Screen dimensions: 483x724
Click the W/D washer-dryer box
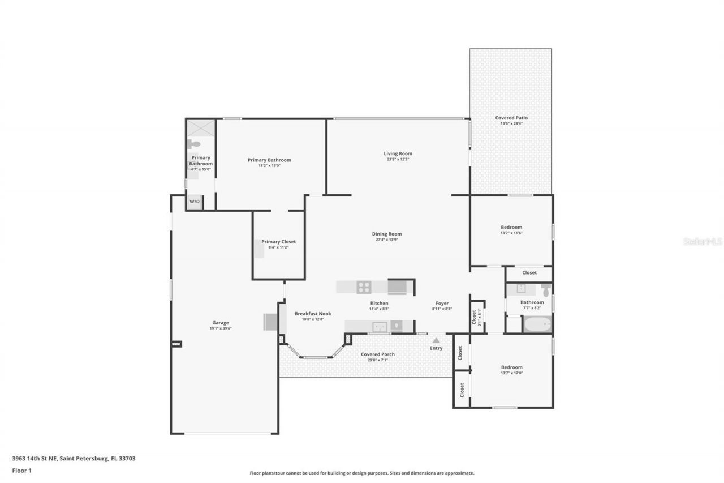[x=194, y=202]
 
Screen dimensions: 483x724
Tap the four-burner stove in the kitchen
[x=364, y=287]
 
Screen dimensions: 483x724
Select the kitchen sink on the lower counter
[x=380, y=326]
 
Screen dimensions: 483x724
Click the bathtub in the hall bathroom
[x=537, y=324]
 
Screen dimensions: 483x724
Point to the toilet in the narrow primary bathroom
[x=193, y=144]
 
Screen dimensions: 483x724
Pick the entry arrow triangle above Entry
[x=436, y=340]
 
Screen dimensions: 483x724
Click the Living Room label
[x=398, y=153]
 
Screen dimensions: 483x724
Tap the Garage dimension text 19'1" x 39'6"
[x=221, y=328]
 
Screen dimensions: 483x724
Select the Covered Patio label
[x=511, y=118]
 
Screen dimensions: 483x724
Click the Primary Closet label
[x=278, y=242]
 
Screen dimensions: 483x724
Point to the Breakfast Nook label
[x=313, y=314]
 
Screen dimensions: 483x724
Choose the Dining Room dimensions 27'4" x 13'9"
[x=387, y=240]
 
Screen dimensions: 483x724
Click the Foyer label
[x=442, y=303]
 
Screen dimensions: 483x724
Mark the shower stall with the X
[x=201, y=128]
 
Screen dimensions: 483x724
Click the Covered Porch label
[x=378, y=354]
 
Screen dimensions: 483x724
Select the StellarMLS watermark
[x=703, y=241]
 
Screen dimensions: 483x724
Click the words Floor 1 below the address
[x=22, y=470]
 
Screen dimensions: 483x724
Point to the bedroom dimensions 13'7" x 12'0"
[x=511, y=373]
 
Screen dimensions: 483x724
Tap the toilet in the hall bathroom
[x=545, y=290]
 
